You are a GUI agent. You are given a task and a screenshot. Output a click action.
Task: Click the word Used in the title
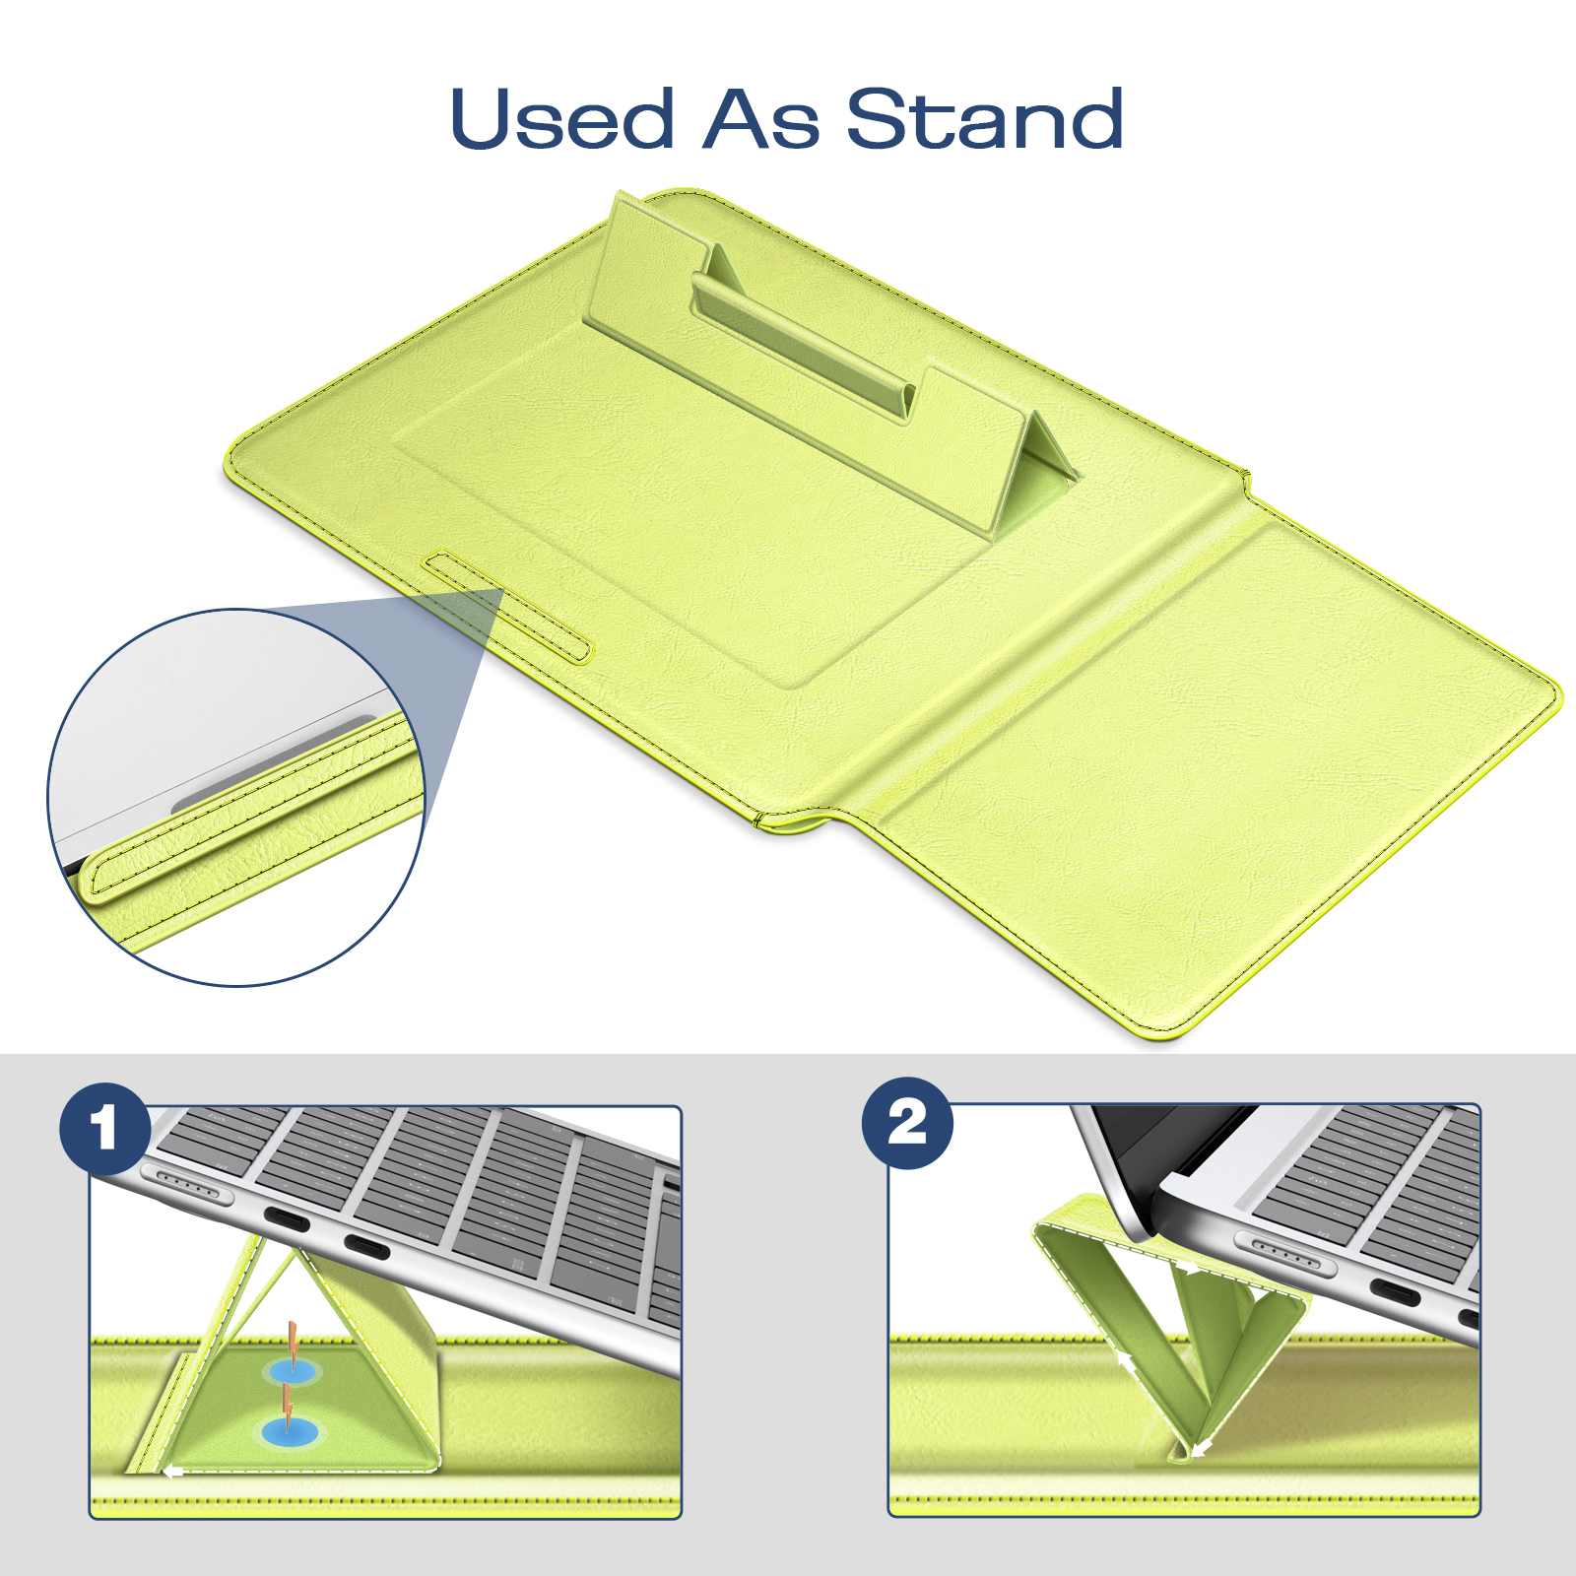click(562, 119)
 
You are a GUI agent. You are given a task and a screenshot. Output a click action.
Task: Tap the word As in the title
click(760, 119)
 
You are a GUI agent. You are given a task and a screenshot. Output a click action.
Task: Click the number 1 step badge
click(104, 1129)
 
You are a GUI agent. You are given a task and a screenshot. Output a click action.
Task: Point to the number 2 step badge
click(907, 1124)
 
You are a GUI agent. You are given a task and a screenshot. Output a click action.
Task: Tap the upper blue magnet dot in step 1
click(292, 1372)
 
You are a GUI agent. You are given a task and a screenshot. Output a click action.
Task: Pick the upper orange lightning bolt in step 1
click(293, 1341)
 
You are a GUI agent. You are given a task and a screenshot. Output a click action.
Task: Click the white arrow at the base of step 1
click(173, 1472)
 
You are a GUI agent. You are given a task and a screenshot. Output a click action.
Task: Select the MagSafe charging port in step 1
click(187, 1185)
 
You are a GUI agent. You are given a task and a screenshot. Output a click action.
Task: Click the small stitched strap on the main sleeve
click(508, 607)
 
